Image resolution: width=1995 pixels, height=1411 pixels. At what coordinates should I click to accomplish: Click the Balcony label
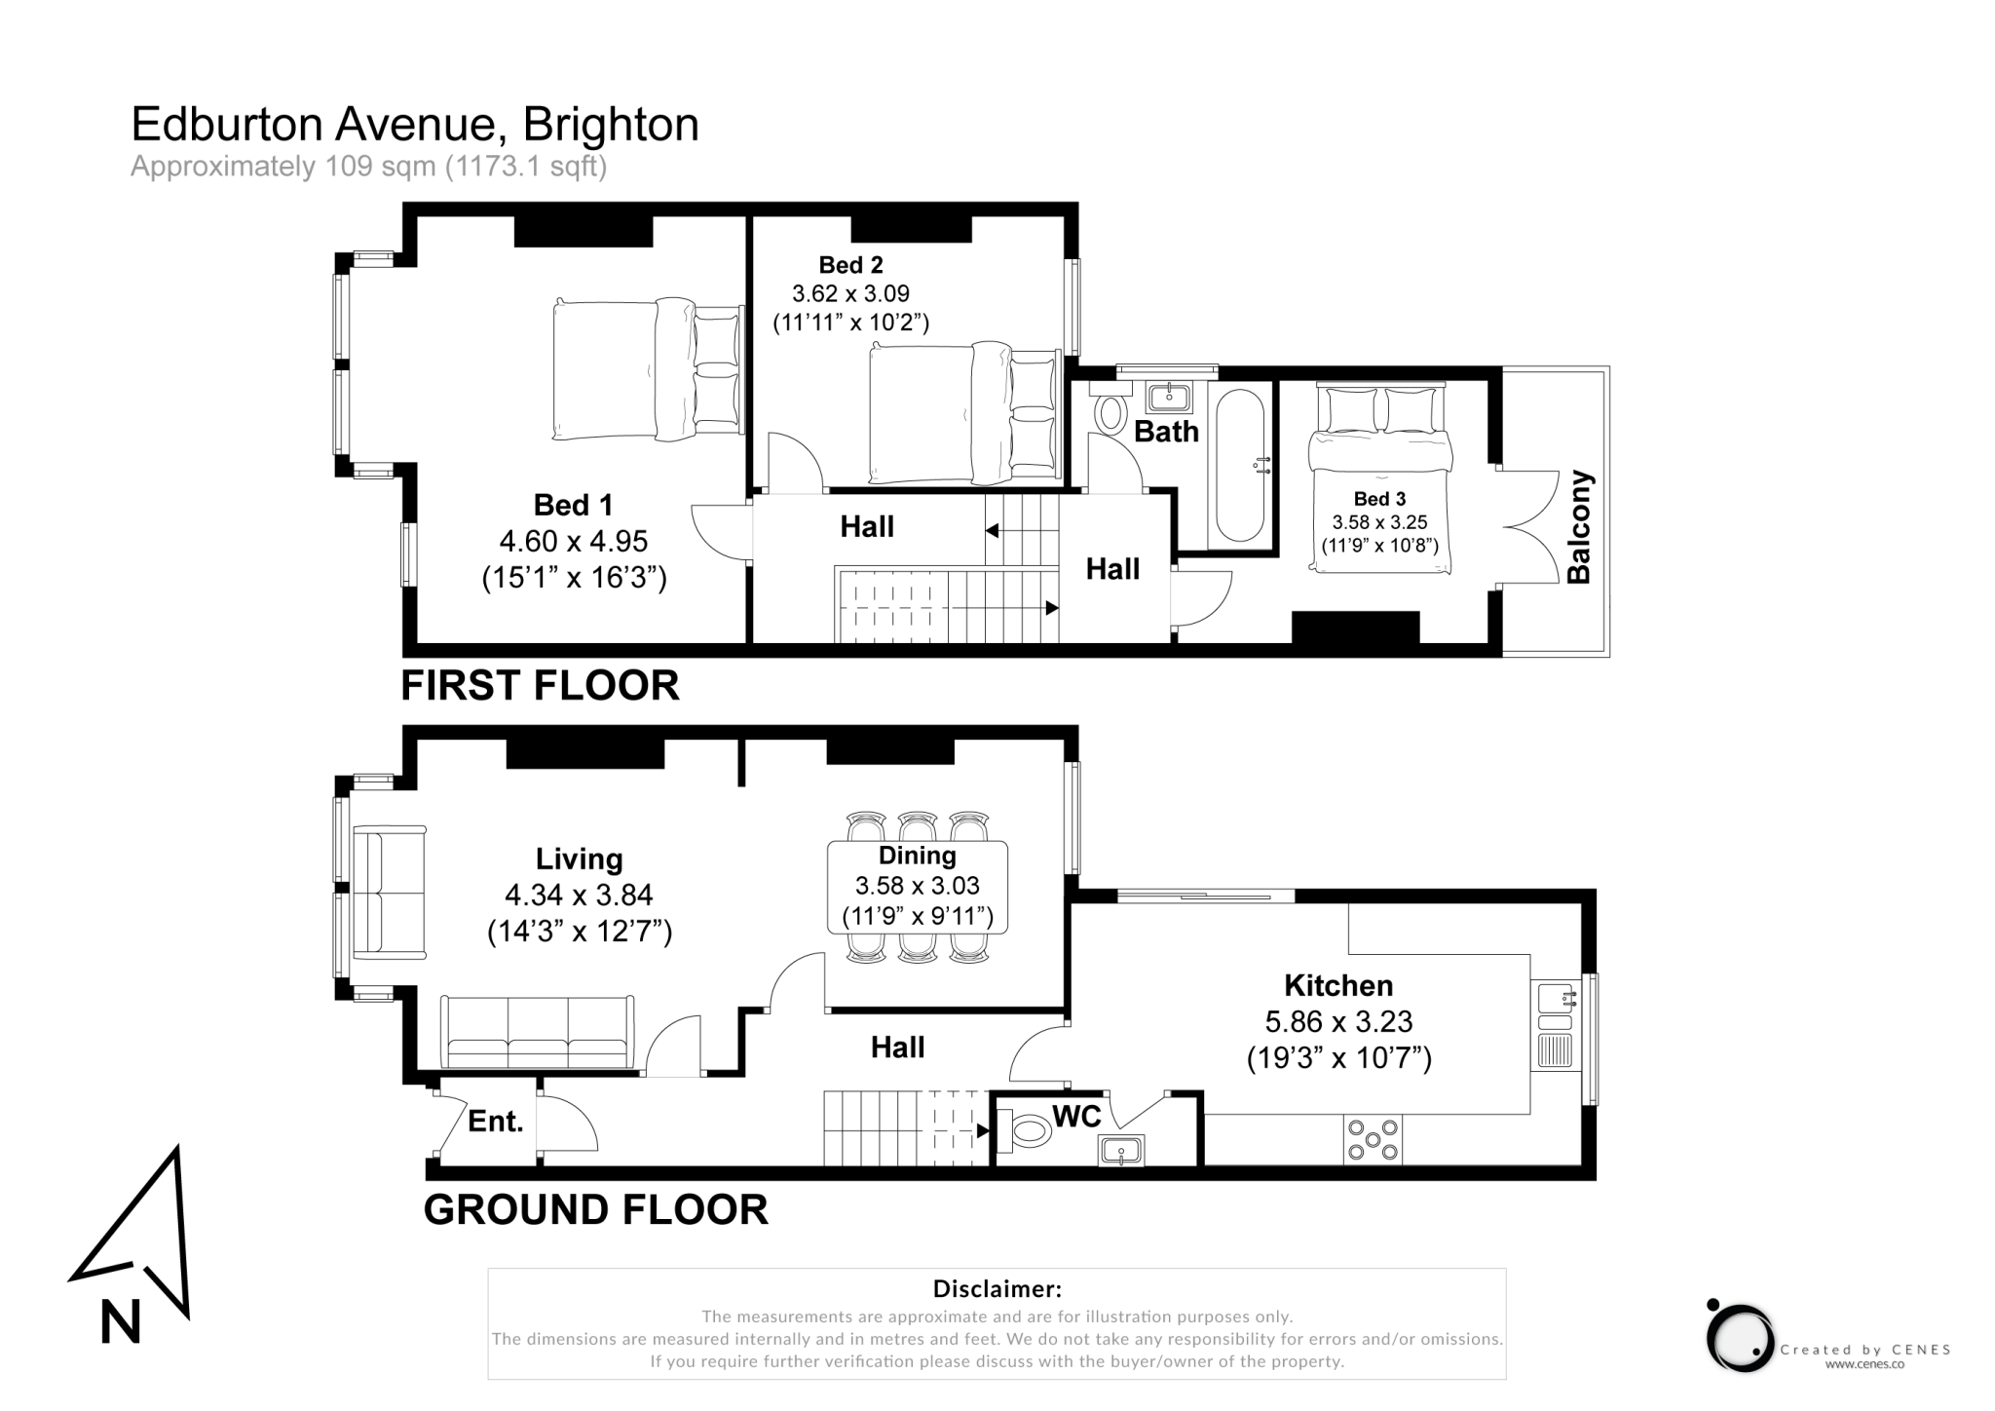(1578, 527)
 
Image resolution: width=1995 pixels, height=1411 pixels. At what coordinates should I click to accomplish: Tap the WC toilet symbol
(1025, 1130)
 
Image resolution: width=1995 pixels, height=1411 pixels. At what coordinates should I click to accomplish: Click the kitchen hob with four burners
(1373, 1139)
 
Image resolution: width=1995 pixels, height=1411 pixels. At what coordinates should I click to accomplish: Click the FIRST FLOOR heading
(540, 686)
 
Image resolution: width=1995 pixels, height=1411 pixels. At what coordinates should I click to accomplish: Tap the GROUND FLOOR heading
(595, 1210)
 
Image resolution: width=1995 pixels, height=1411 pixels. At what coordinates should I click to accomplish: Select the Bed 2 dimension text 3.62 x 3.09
(850, 293)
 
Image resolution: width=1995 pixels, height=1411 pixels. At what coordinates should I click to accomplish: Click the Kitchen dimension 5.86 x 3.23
(1338, 1021)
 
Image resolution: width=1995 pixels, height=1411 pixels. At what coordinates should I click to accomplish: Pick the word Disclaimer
(997, 1289)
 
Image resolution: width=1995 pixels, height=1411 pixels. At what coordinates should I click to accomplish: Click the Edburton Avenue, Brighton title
(415, 125)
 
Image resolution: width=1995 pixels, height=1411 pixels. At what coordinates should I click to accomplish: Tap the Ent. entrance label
(495, 1122)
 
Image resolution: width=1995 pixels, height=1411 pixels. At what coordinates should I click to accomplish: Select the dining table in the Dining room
(917, 887)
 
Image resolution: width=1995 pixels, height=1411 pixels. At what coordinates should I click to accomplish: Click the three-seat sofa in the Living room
(537, 1032)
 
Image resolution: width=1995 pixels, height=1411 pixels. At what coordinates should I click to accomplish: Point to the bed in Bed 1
(648, 369)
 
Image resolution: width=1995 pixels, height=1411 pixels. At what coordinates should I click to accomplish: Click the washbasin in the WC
(1121, 1152)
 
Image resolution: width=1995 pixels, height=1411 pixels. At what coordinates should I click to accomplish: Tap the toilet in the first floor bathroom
(1110, 406)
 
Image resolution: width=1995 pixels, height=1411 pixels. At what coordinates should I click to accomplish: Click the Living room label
(580, 858)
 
